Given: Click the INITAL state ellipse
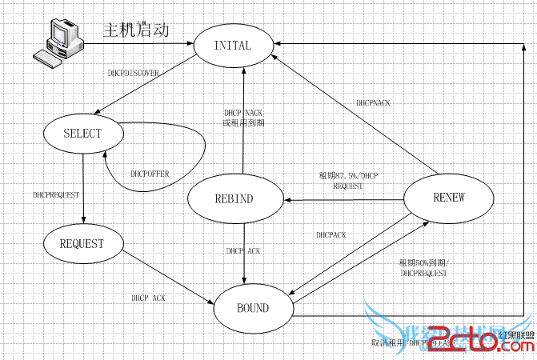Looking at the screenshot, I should [233, 46].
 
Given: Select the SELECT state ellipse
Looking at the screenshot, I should [82, 133].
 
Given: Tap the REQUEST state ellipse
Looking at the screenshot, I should [82, 242].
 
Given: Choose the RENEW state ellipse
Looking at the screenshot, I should [447, 198].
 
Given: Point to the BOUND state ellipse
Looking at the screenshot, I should [253, 307].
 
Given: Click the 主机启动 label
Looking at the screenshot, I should [136, 31].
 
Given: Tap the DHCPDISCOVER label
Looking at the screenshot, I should [134, 73].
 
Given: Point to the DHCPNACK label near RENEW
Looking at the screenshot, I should [374, 103].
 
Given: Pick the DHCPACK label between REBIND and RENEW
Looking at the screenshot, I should [331, 235].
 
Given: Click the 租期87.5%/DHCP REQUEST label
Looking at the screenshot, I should [348, 180].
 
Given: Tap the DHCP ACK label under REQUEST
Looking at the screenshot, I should [149, 298].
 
